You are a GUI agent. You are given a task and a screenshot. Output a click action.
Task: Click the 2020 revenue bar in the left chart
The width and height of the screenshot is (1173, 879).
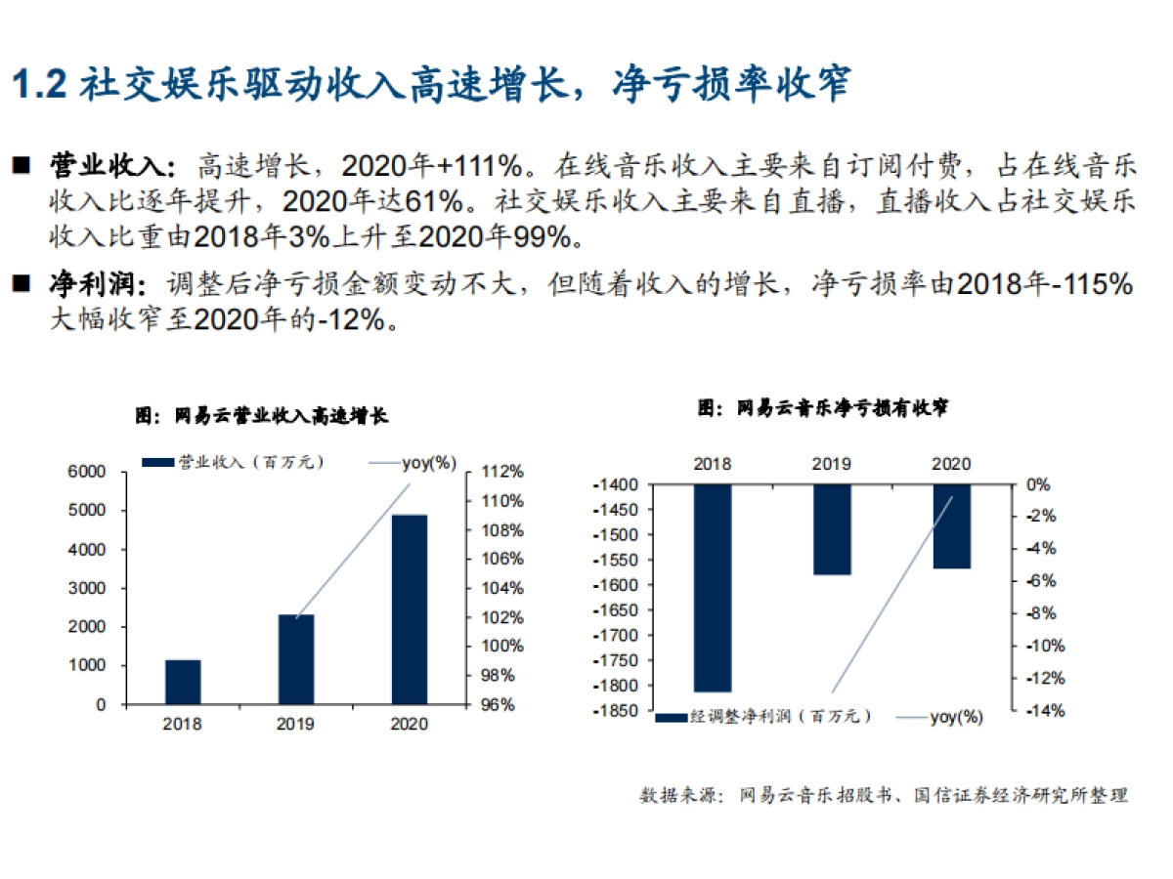(409, 608)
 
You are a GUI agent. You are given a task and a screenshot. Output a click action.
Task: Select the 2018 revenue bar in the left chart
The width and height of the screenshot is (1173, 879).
(183, 682)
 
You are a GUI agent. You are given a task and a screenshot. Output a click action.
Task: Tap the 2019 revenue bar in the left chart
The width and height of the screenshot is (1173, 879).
(295, 659)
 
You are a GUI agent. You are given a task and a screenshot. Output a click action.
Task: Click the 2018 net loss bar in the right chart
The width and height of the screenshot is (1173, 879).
(713, 587)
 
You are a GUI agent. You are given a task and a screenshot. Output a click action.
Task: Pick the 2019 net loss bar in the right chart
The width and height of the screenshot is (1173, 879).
(832, 528)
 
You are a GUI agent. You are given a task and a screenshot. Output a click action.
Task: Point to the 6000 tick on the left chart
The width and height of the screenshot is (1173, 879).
(86, 472)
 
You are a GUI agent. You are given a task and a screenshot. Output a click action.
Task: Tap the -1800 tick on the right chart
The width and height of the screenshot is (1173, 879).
(609, 686)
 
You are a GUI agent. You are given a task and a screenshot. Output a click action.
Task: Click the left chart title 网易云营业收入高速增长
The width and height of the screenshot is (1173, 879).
(262, 416)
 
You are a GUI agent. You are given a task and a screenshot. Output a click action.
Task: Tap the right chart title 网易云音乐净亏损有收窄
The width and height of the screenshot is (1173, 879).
(823, 407)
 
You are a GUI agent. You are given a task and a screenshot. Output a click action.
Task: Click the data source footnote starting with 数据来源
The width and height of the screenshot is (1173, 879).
(884, 795)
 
